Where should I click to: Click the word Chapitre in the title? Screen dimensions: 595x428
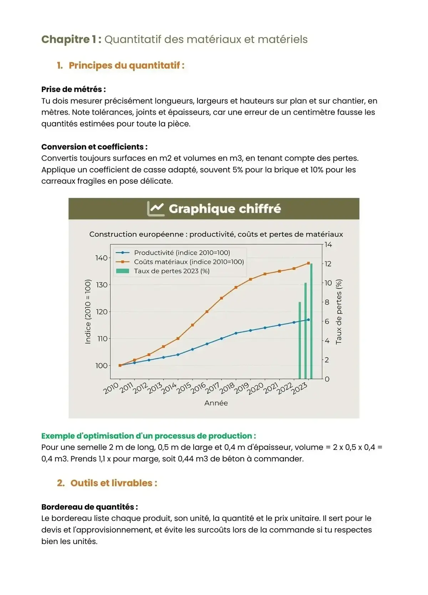tap(65, 39)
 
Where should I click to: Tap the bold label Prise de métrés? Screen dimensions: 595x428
tap(73, 89)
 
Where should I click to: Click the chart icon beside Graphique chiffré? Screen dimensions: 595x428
tap(156, 209)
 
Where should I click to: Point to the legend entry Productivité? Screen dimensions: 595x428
tap(182, 253)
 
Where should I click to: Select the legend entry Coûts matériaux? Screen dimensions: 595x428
tap(189, 262)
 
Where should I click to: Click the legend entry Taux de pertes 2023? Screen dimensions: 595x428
tap(172, 271)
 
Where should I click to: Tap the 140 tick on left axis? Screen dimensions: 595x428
tap(101, 258)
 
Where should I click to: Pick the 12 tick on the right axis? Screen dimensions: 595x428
tap(328, 264)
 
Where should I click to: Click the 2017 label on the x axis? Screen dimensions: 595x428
tap(213, 388)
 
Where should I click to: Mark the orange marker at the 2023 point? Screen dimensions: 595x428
tap(309, 263)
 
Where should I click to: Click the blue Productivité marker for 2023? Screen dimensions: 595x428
tap(309, 320)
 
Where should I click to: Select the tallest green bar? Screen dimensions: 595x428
tap(311, 321)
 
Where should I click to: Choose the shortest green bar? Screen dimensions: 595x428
tap(300, 340)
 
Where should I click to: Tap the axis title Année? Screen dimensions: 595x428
tap(216, 403)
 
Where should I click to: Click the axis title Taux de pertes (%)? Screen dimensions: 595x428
tap(338, 311)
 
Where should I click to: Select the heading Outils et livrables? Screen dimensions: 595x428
tap(113, 483)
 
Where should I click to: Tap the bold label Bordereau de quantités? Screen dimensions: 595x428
tap(89, 507)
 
